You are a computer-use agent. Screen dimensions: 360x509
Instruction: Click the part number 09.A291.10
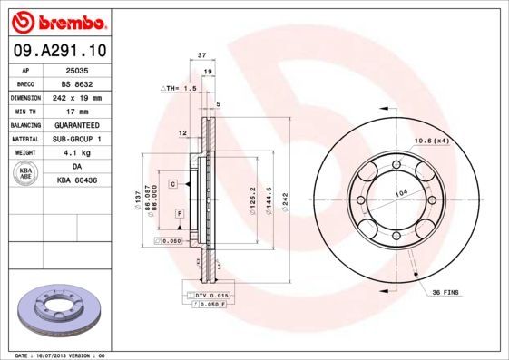tap(57, 51)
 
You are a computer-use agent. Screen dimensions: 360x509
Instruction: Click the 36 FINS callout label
tap(447, 293)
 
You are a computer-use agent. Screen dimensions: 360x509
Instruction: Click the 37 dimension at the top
tap(202, 55)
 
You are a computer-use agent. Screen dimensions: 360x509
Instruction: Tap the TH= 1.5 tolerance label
tap(180, 89)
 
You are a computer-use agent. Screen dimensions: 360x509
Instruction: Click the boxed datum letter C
tap(171, 184)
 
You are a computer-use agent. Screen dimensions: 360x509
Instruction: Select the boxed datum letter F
tap(180, 212)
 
